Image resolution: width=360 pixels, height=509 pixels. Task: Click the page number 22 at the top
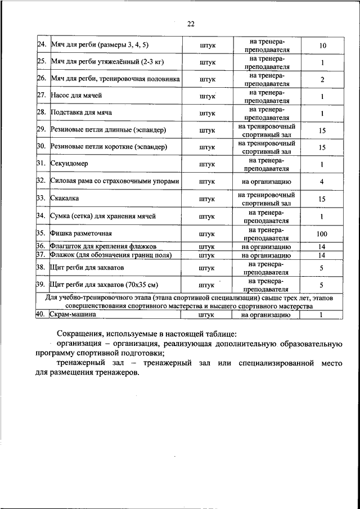191,24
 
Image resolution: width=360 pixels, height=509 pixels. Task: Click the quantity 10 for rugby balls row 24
322,46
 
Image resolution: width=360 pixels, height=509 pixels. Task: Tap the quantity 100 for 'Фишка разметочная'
322,234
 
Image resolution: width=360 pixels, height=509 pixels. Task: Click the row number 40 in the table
40,315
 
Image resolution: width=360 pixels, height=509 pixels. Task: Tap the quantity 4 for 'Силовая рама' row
322,182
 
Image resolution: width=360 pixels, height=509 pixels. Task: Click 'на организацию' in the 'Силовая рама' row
266,182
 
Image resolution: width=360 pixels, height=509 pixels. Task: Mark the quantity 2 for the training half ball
322,80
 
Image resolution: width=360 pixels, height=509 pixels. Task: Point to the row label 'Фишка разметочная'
82,233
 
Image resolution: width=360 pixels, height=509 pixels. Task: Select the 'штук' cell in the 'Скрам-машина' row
207,315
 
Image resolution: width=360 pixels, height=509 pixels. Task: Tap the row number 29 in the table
40,130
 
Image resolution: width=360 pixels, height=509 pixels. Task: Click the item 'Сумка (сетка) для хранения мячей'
103,216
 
